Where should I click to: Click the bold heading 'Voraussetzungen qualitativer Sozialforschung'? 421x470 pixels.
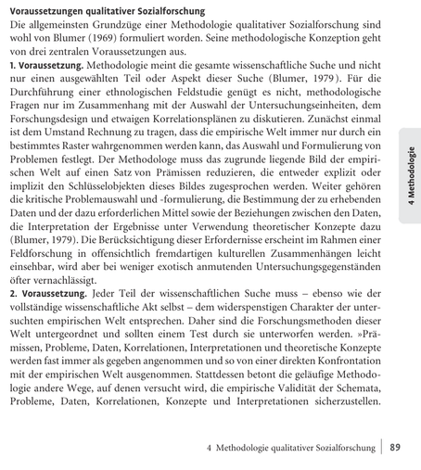(107, 10)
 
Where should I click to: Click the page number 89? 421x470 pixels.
(395, 447)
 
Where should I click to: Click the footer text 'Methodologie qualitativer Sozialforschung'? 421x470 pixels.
(295, 447)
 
